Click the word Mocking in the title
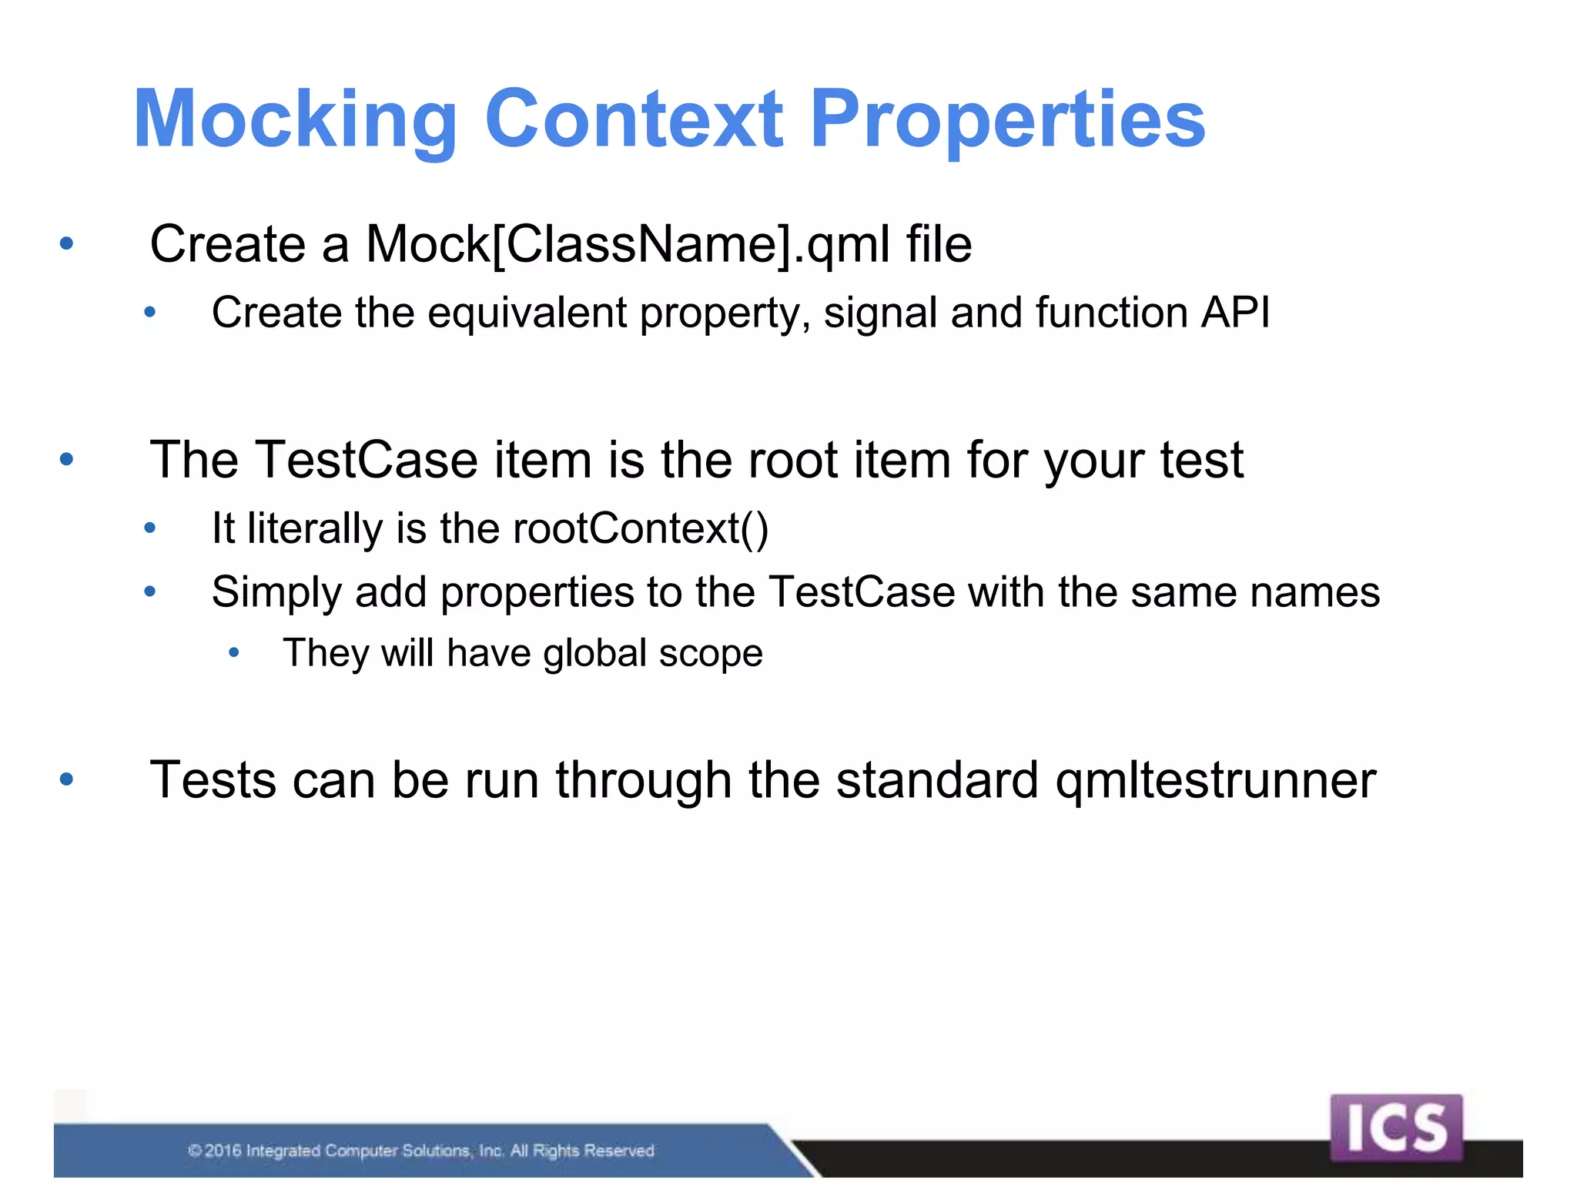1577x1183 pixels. [x=296, y=119]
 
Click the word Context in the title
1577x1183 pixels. [x=634, y=119]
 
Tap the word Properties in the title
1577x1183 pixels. [x=1007, y=119]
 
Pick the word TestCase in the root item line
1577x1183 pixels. [x=367, y=460]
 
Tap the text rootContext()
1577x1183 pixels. [x=640, y=529]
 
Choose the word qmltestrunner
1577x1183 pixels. [x=1215, y=781]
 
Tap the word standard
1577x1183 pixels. [x=937, y=780]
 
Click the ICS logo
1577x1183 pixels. [x=1395, y=1128]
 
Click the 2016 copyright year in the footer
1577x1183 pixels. [x=223, y=1151]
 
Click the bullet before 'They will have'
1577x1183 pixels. [x=234, y=654]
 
